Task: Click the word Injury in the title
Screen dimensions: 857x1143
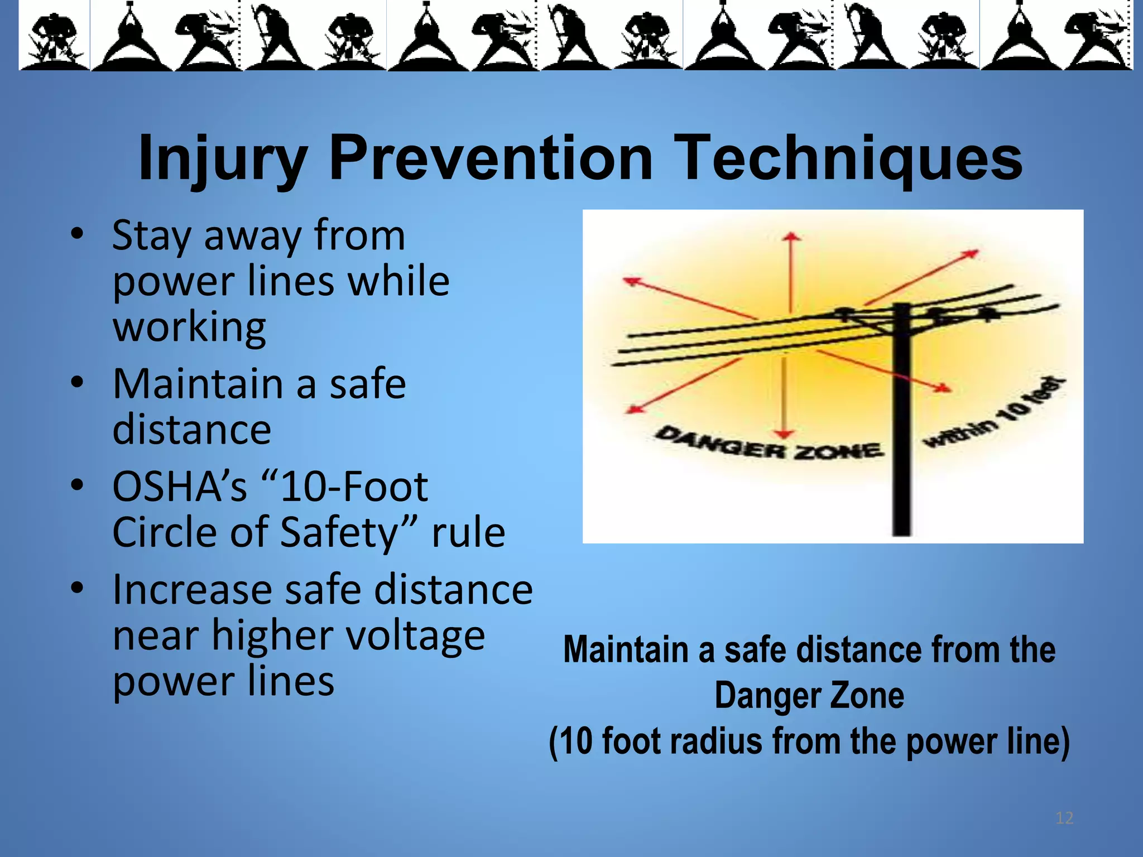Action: tap(222, 159)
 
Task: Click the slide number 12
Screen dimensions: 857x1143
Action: tap(1064, 818)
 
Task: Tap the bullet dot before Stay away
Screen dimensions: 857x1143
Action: tap(78, 233)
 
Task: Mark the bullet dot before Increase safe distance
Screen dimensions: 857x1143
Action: tap(78, 588)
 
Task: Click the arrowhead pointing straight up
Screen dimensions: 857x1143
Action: tap(791, 237)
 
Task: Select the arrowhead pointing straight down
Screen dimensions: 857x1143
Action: tap(785, 434)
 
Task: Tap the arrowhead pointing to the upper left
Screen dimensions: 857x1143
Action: tap(631, 281)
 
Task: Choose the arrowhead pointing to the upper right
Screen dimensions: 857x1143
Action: tap(972, 254)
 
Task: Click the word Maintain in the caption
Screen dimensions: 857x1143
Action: tap(626, 650)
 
